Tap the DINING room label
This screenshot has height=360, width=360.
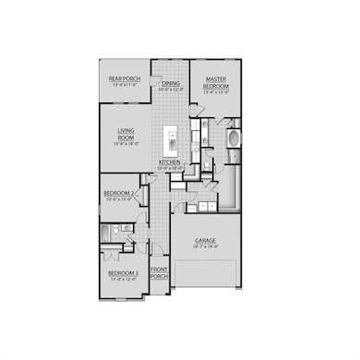coord(171,83)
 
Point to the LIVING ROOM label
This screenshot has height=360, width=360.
coord(126,140)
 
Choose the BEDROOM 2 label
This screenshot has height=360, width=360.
coord(119,193)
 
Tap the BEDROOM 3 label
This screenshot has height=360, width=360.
coord(123,273)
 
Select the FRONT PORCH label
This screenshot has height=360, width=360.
coord(159,273)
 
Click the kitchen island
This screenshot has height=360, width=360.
coord(171,141)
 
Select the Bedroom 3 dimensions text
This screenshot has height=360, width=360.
coord(123,279)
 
